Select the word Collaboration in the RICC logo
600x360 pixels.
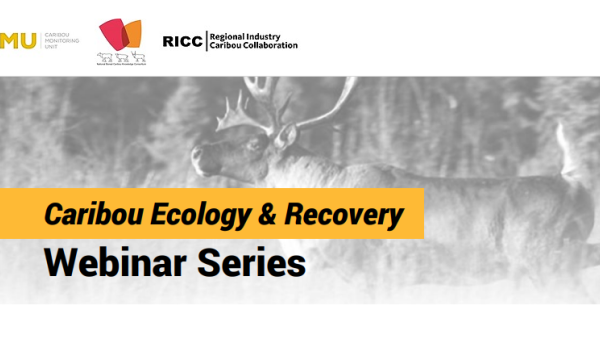coord(268,46)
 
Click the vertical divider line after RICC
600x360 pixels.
coord(205,40)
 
